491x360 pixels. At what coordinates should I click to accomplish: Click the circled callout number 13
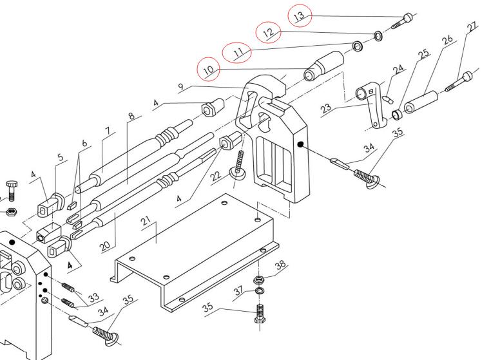click(300, 15)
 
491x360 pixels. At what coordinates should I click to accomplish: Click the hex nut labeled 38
click(257, 280)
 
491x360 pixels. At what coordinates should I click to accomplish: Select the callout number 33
click(94, 297)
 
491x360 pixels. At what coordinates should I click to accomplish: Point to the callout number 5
click(61, 156)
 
